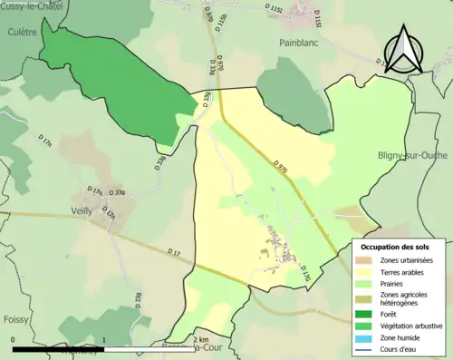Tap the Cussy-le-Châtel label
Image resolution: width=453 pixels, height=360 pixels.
[x=32, y=5]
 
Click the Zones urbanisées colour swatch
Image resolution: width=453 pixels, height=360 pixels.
[x=367, y=260]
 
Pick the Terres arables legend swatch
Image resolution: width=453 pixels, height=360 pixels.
[x=367, y=271]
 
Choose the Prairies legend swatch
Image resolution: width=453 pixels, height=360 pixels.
[x=367, y=282]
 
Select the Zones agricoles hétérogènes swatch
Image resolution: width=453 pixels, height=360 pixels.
[x=367, y=296]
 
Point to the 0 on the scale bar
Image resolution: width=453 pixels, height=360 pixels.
[x=14, y=340]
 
